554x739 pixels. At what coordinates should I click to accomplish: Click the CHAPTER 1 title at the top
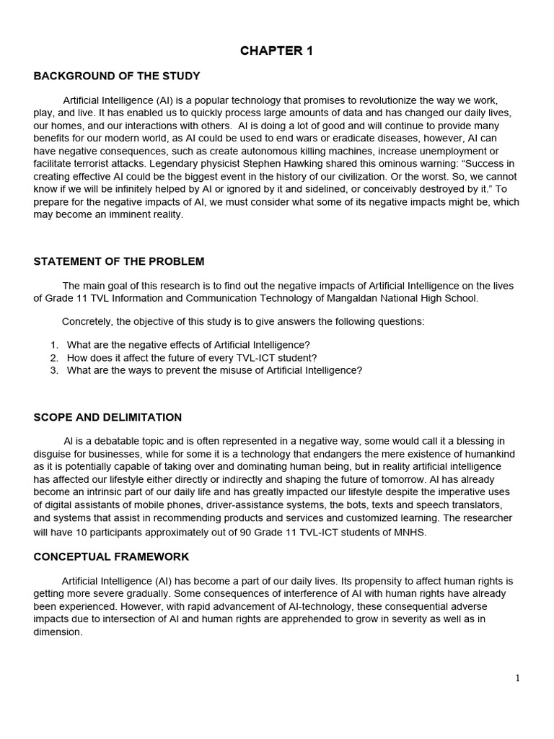tap(276, 51)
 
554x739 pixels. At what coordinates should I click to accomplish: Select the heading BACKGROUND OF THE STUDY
tap(117, 76)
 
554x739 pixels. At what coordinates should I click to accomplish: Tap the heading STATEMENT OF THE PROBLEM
tap(119, 261)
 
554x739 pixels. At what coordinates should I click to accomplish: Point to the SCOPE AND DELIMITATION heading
tap(107, 417)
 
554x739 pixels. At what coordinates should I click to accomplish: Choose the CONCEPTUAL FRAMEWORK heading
tap(111, 556)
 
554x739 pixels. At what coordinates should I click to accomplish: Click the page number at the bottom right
tap(517, 678)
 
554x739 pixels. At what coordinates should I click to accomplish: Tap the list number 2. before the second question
tap(54, 357)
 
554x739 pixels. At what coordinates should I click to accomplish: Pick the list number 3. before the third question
tap(54, 370)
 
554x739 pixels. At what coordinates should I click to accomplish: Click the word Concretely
tap(88, 321)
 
